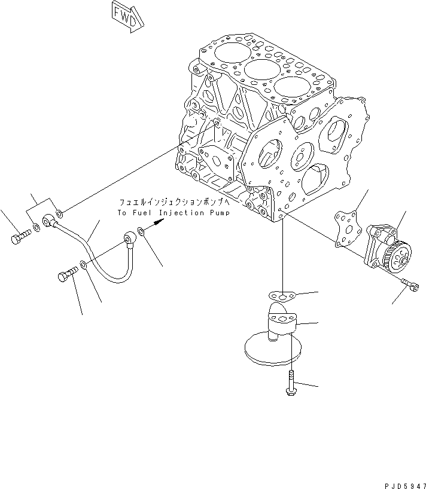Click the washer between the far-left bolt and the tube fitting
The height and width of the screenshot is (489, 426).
(37, 228)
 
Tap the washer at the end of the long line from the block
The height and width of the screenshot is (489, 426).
(59, 213)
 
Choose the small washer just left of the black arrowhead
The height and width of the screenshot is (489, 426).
(139, 230)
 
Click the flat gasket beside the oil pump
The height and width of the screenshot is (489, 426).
(347, 228)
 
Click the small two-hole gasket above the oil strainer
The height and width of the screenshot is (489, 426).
(281, 295)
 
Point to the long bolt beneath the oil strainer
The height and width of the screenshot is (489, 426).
(290, 383)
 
